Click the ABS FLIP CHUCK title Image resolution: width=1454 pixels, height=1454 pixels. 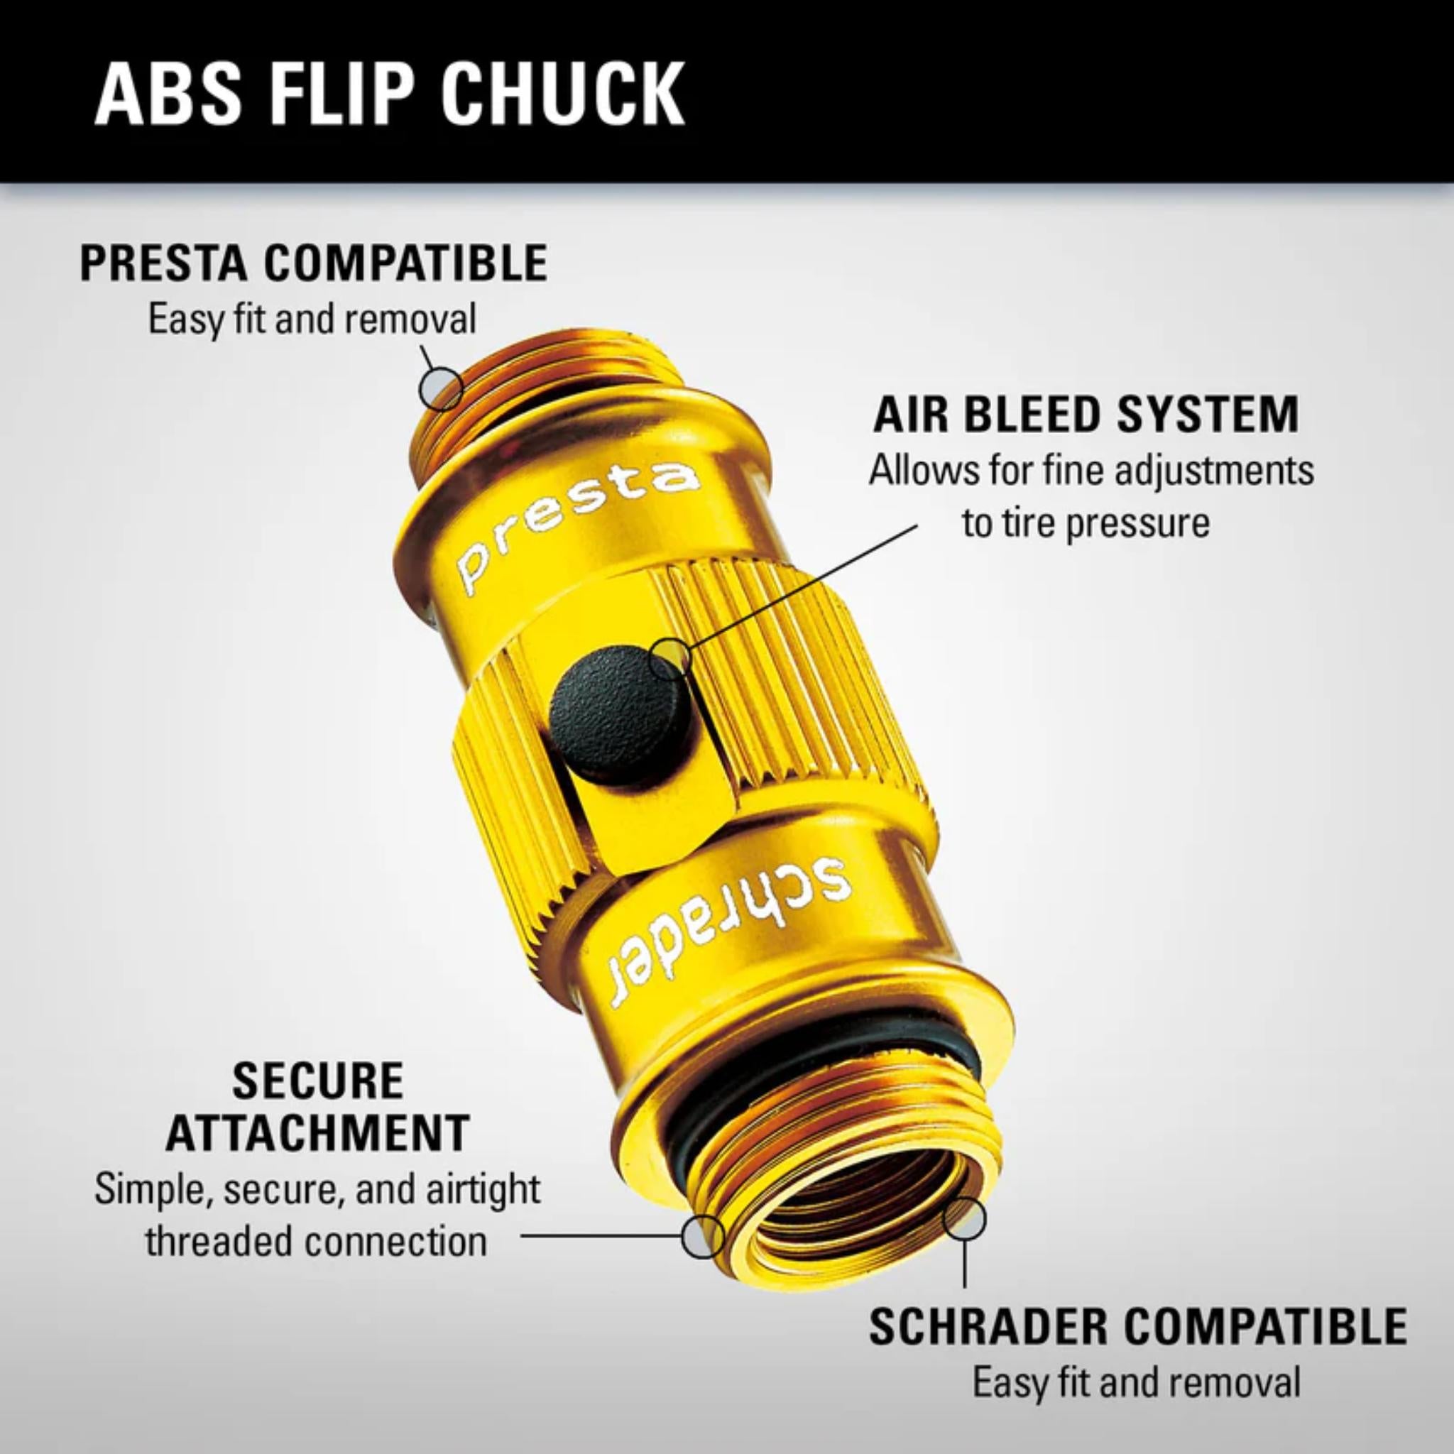389,95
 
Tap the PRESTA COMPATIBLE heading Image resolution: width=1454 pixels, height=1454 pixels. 314,263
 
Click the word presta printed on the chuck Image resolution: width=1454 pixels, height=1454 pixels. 575,526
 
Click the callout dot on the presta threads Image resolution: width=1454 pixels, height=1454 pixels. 442,388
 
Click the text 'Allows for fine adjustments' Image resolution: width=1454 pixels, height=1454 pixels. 1091,472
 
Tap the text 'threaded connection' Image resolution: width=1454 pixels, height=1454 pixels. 316,1241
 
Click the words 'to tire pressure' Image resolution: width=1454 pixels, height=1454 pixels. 1086,523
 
